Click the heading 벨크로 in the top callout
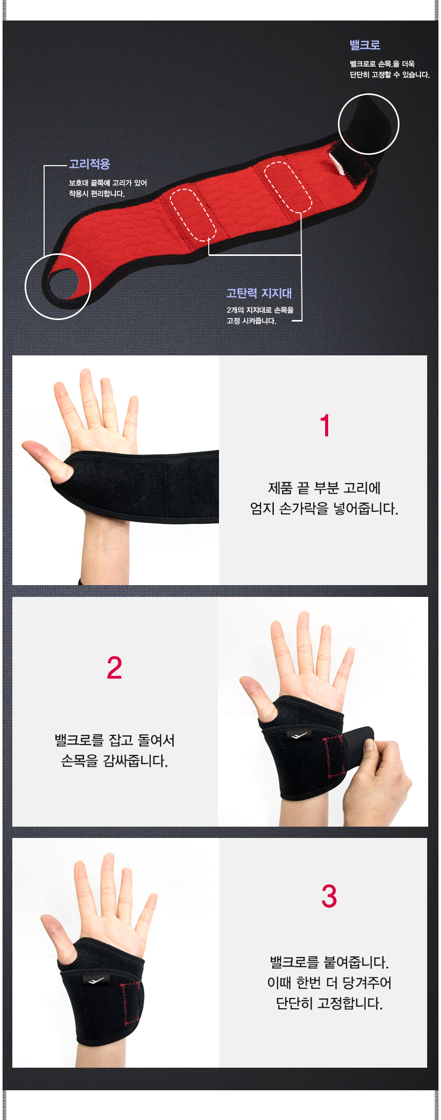point(365,45)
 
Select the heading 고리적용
point(90,164)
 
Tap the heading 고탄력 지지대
point(259,293)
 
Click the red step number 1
point(325,426)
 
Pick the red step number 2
point(114,668)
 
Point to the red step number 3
point(329,896)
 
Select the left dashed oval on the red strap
point(193,215)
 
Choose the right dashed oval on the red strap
point(288,187)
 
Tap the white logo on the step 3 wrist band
point(95,981)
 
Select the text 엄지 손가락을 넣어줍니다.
point(324,509)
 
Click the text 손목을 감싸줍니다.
point(114,761)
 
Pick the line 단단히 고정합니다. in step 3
point(329,1004)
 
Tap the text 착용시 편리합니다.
point(97,194)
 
